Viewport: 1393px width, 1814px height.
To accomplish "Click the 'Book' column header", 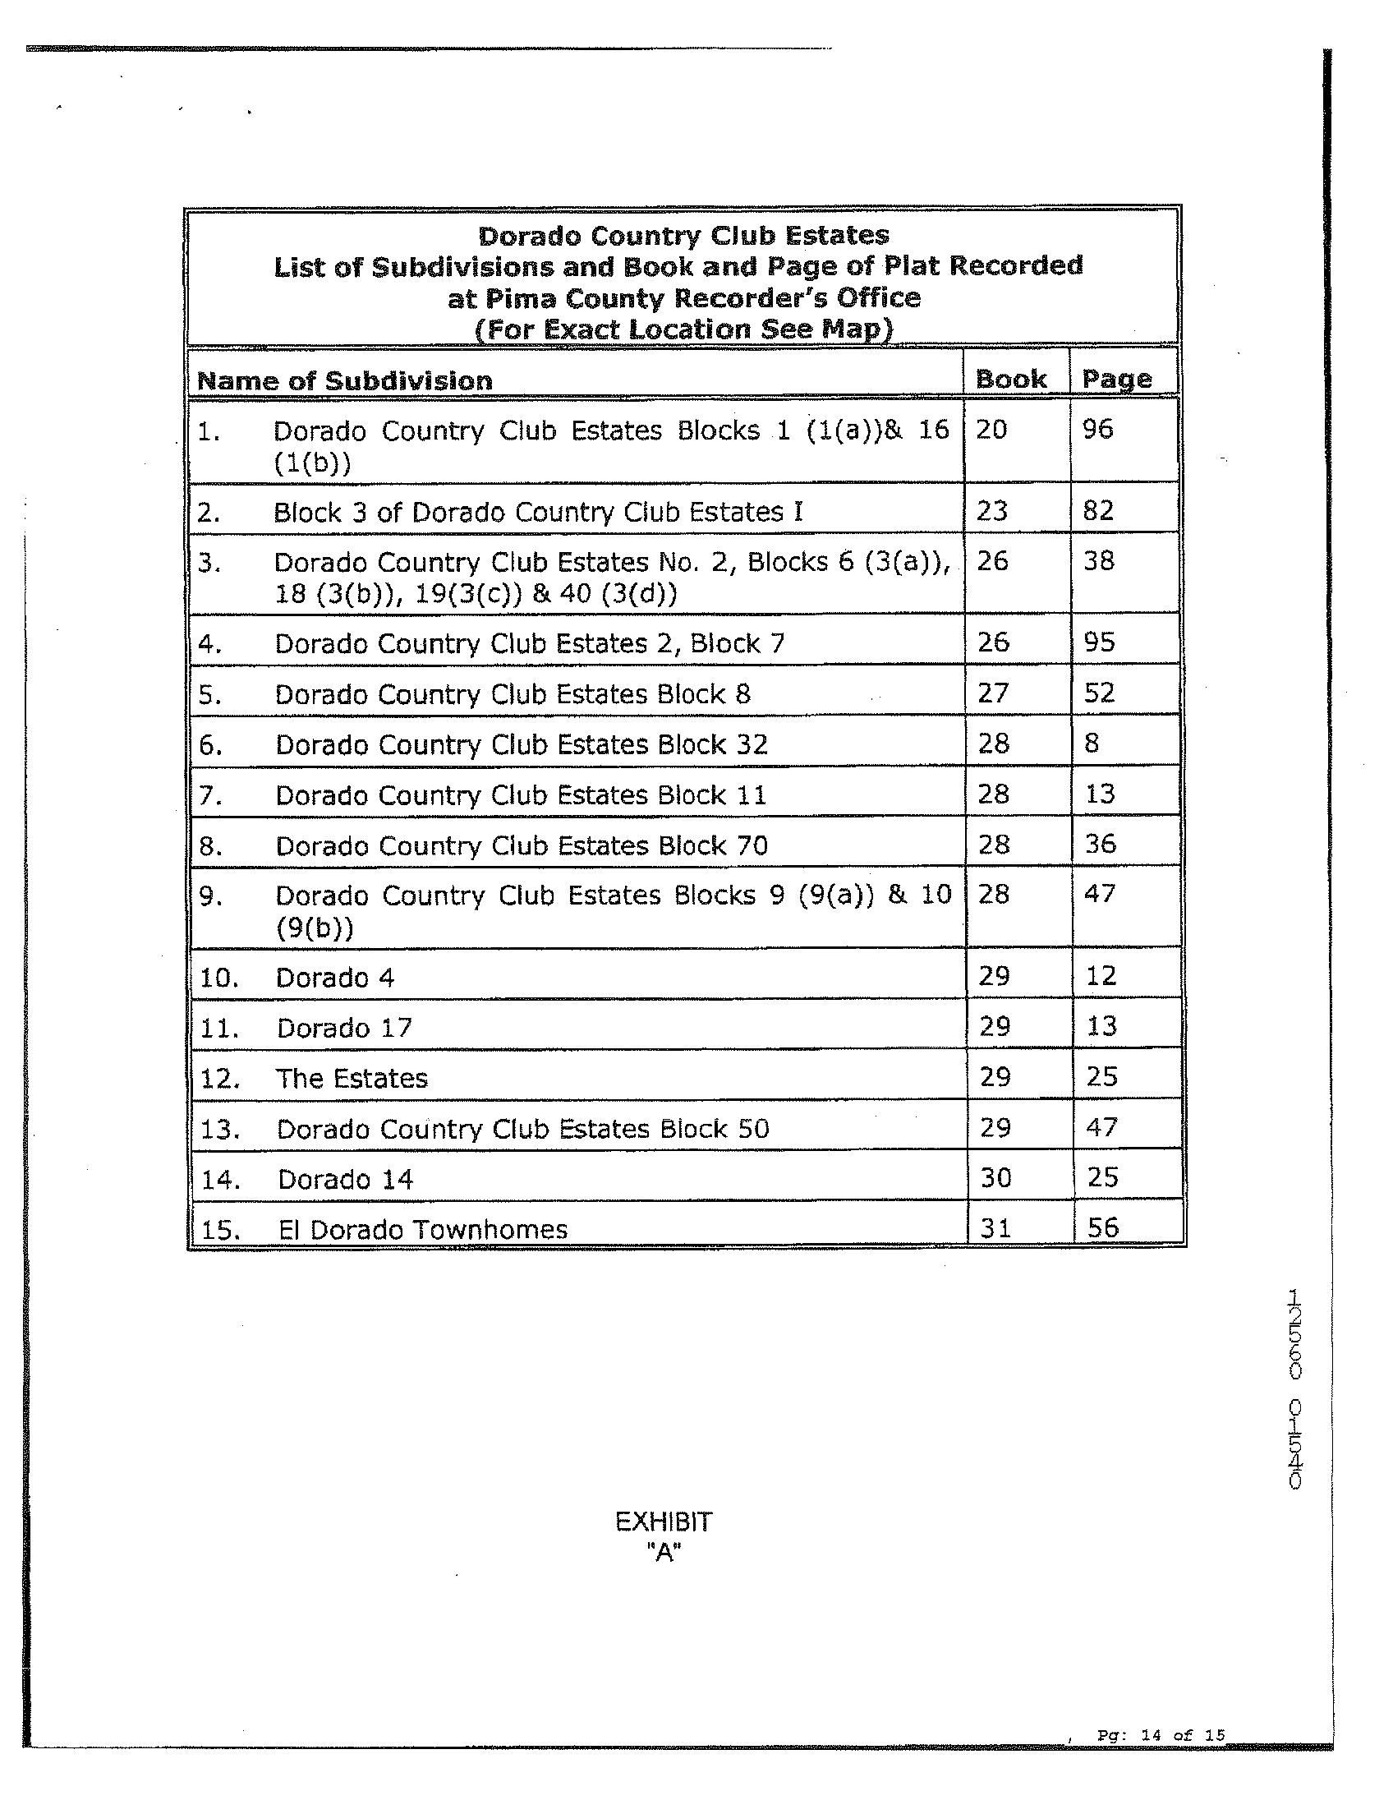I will point(1010,379).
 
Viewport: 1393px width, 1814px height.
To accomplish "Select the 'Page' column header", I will point(1116,379).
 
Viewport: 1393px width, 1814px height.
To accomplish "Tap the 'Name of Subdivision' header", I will point(344,380).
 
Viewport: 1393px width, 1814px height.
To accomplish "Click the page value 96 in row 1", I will point(1097,430).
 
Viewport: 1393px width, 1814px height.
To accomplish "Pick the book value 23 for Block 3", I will point(991,511).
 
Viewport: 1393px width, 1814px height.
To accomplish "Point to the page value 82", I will point(1098,510).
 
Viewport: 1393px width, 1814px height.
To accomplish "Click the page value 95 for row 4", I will point(1099,642).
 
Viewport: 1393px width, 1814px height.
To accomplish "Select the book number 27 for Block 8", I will point(992,693).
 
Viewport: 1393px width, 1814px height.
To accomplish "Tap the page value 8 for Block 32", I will point(1092,743).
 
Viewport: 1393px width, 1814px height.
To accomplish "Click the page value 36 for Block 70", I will point(1100,844).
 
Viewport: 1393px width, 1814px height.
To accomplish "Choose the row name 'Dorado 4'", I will point(335,978).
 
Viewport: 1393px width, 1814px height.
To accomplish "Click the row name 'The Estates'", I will point(352,1078).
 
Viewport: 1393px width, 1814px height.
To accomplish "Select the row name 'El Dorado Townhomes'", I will point(423,1229).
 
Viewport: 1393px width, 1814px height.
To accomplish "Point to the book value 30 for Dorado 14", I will point(995,1177).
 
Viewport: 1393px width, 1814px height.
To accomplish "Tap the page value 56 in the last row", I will point(1103,1227).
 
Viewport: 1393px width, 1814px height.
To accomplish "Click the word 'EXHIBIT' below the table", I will point(664,1522).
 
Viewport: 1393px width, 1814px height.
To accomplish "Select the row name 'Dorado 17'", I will point(344,1029).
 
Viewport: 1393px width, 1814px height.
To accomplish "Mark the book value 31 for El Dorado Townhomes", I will point(994,1227).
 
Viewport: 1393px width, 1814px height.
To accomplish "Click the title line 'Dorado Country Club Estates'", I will point(684,236).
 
